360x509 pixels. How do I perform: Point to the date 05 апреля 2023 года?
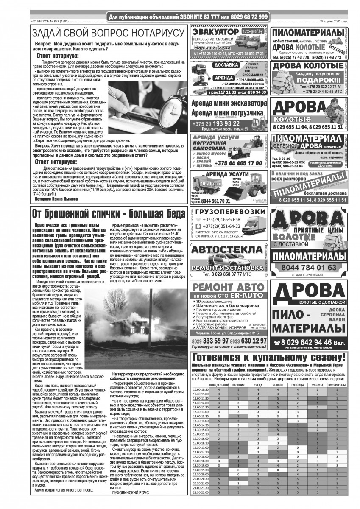pos(334,21)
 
